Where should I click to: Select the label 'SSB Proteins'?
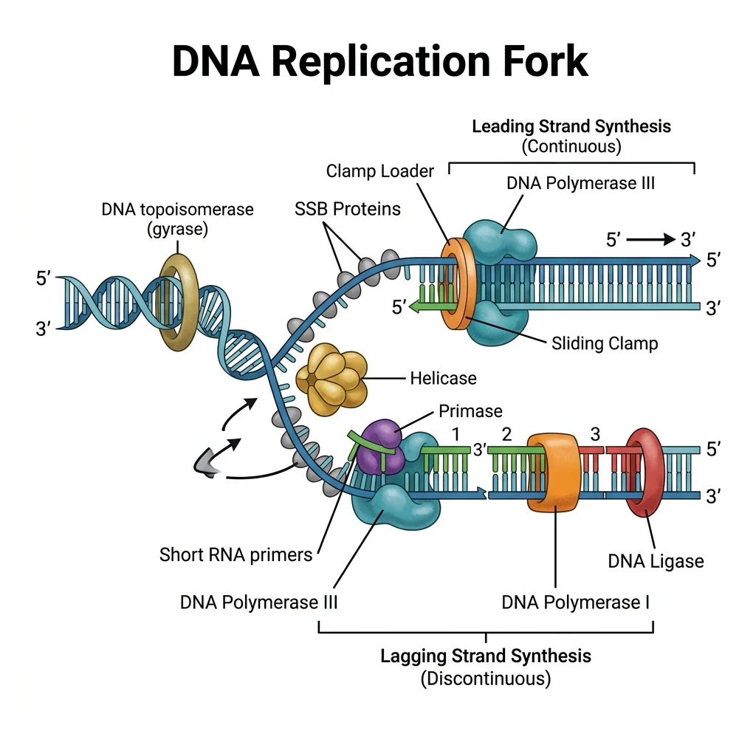(x=347, y=209)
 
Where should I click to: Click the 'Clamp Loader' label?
(x=379, y=171)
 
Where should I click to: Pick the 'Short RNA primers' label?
(x=236, y=554)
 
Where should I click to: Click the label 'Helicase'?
(x=443, y=379)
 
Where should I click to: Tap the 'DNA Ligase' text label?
(x=656, y=561)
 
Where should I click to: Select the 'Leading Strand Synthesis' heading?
(x=571, y=126)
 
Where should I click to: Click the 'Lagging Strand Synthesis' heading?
(x=486, y=656)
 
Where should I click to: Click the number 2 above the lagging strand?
(x=506, y=433)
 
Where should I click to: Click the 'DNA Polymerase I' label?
(x=576, y=602)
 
